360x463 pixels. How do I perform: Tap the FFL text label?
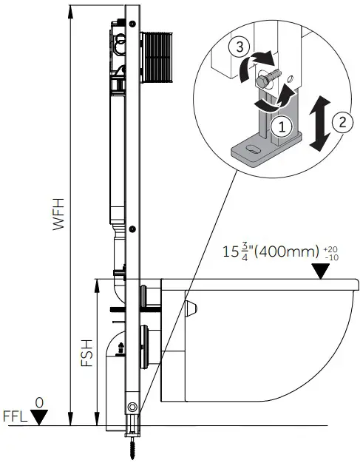15,416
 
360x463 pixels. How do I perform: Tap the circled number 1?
278,126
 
